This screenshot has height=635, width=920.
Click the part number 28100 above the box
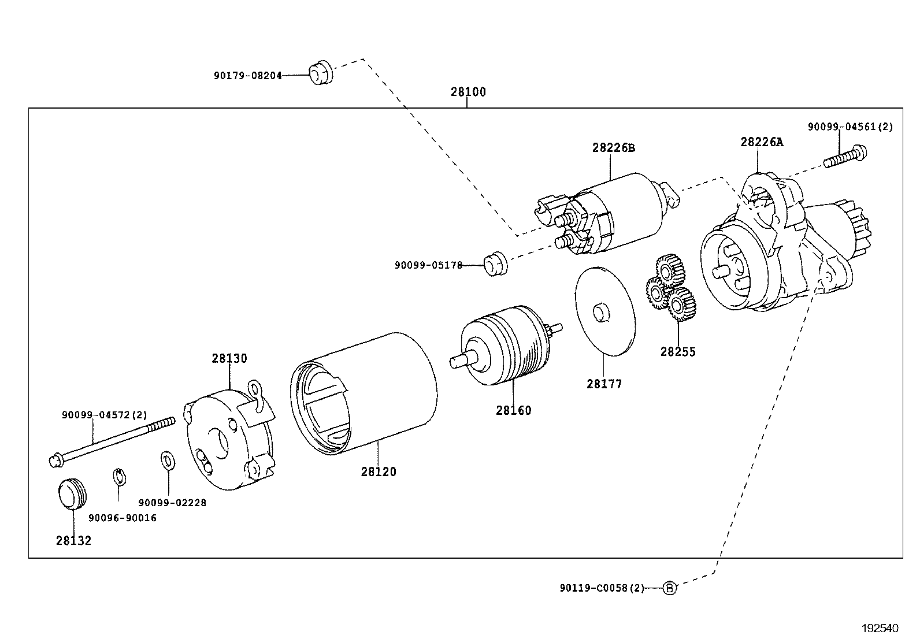[x=468, y=92]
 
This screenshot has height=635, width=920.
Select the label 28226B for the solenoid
[x=613, y=148]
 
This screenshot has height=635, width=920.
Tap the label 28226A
[x=762, y=142]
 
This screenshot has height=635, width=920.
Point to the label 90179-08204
[x=247, y=75]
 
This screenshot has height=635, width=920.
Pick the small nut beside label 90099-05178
[x=495, y=264]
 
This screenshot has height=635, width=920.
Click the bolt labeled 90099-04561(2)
[x=845, y=157]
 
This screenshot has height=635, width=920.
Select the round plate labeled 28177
[x=604, y=310]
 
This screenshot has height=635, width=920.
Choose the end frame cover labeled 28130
[x=228, y=436]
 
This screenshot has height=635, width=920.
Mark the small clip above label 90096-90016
[x=118, y=477]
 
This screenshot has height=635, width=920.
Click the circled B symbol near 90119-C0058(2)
[x=669, y=588]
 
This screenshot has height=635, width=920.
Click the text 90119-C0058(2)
[x=601, y=588]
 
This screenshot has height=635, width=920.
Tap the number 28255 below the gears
[x=678, y=352]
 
